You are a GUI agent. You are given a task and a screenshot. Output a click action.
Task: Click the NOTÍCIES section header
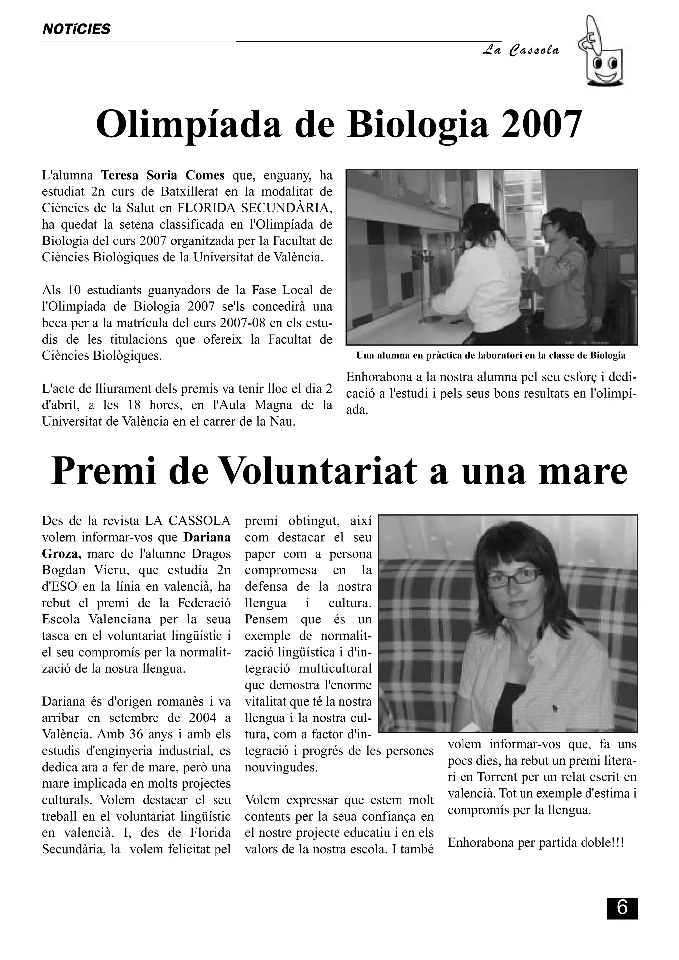coord(77,29)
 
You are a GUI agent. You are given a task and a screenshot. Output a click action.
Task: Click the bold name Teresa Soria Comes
coord(163,175)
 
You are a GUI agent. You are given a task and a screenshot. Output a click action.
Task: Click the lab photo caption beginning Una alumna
coord(491,356)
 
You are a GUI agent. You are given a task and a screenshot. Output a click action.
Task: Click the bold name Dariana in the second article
coord(207,537)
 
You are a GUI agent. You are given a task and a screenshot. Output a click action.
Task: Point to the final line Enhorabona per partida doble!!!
coord(535,842)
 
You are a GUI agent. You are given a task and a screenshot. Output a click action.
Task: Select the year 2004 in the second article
coord(203,718)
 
